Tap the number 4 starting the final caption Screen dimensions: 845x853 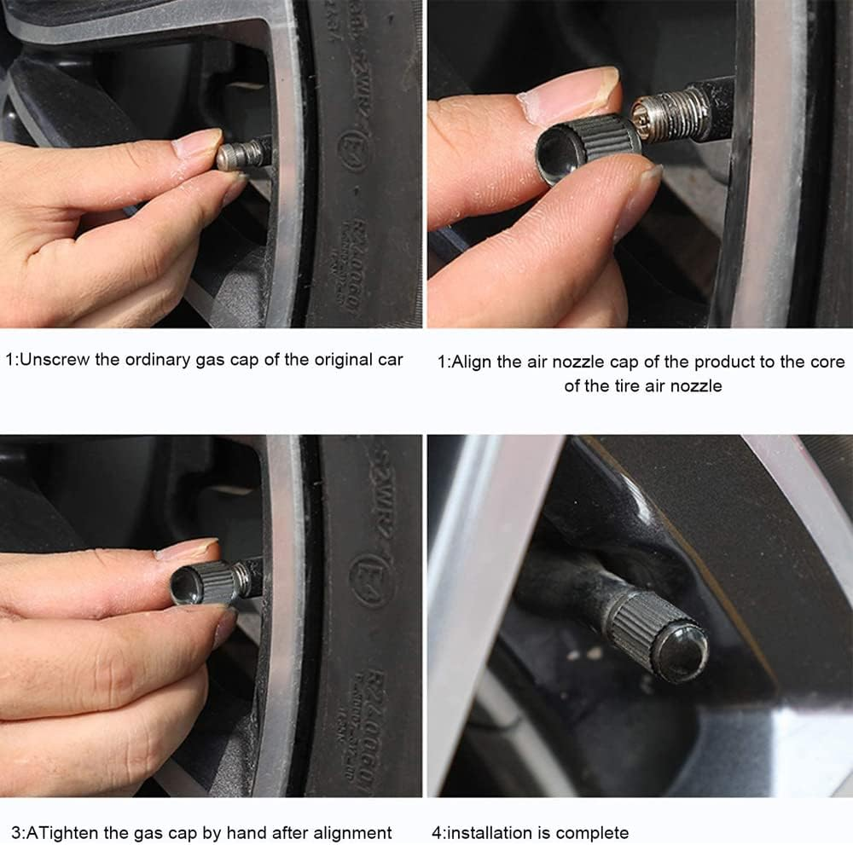coord(438,832)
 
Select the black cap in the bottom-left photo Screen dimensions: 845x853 coord(202,582)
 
